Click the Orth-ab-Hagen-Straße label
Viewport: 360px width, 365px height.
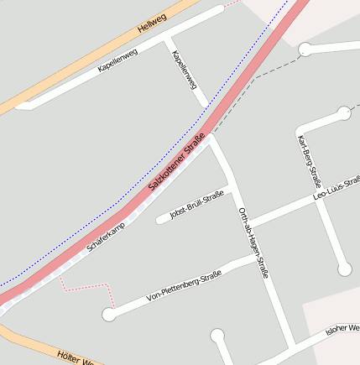[x=253, y=242]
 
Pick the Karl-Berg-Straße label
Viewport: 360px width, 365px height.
[x=310, y=163]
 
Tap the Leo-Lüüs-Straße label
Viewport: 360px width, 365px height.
[x=336, y=188]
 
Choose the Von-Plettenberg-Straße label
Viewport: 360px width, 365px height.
[x=183, y=285]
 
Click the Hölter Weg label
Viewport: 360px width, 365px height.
[x=76, y=358]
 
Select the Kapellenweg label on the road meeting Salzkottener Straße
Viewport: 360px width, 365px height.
[x=184, y=70]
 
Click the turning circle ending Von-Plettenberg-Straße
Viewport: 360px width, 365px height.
[x=108, y=315]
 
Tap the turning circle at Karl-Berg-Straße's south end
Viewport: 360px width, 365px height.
[x=344, y=269]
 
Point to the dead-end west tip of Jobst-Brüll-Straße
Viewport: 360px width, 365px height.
[x=159, y=221]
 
